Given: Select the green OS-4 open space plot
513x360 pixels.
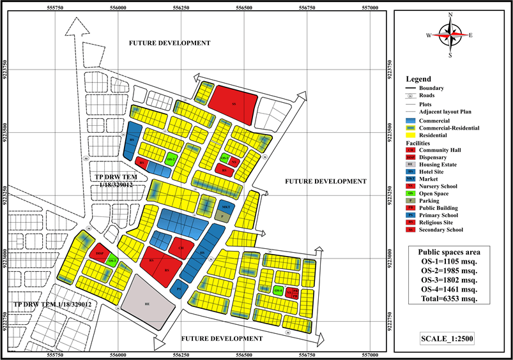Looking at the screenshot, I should (278, 290).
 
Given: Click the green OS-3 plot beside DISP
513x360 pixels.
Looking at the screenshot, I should (112, 261).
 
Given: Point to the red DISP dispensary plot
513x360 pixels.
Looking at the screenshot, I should (100, 253).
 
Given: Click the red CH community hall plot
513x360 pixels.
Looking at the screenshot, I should (181, 248).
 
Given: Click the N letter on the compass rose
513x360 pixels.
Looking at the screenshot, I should (450, 15).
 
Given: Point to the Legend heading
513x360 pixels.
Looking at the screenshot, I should (418, 79).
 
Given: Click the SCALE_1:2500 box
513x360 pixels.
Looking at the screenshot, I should (450, 338).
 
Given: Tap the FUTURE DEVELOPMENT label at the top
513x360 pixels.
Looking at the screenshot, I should (169, 43).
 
